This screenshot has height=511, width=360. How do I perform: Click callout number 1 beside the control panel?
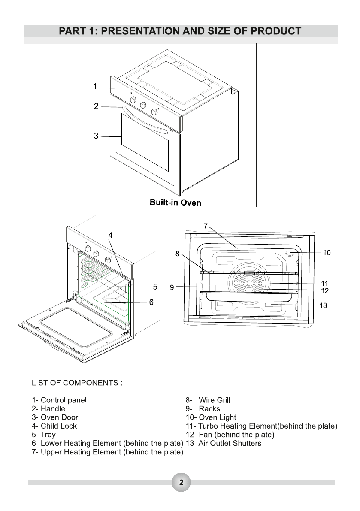click(96, 87)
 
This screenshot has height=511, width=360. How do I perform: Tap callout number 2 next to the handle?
click(97, 106)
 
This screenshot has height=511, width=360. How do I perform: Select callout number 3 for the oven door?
click(97, 136)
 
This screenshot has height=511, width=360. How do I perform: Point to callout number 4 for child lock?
click(110, 235)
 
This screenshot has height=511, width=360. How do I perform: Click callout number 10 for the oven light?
click(327, 253)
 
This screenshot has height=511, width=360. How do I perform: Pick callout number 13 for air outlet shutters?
click(323, 305)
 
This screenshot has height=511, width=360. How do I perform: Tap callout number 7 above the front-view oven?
click(206, 225)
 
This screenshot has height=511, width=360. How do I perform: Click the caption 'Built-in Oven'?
click(175, 202)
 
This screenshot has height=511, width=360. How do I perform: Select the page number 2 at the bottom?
click(181, 482)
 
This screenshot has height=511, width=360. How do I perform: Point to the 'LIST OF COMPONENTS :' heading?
click(77, 382)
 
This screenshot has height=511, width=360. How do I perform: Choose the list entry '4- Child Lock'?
click(54, 426)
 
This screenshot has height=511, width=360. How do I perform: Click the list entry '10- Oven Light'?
click(211, 417)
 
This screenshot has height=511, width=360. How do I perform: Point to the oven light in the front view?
click(292, 254)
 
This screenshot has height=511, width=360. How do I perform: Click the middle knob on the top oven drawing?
click(144, 105)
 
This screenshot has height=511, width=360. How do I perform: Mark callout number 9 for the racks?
click(172, 287)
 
